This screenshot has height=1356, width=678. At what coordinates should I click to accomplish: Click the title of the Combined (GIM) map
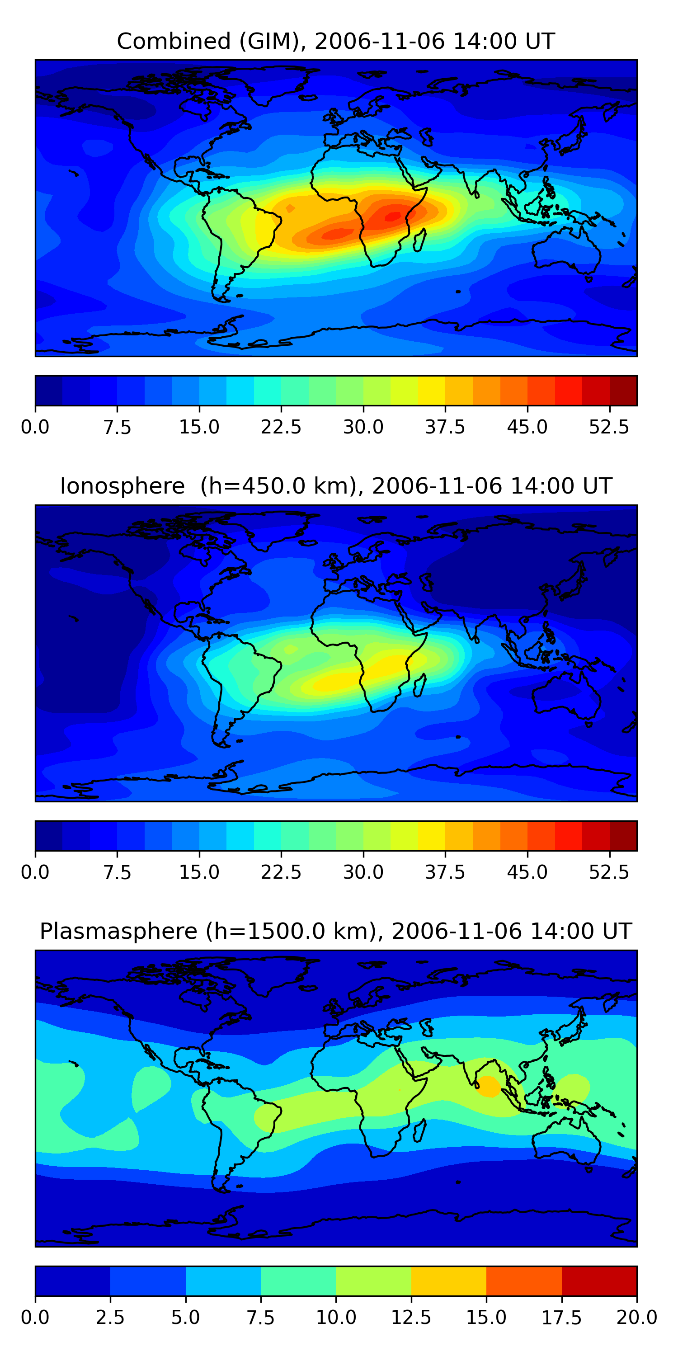click(336, 41)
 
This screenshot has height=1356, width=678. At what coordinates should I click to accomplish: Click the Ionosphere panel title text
click(336, 486)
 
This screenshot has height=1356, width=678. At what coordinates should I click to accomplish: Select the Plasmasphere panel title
click(336, 931)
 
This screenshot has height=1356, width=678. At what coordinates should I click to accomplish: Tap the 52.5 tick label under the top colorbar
click(609, 427)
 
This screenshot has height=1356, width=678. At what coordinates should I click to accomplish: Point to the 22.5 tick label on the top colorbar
click(281, 427)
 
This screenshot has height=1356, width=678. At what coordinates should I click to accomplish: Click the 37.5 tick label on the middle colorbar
click(445, 872)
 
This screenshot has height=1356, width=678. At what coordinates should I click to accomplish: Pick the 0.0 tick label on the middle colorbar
click(35, 872)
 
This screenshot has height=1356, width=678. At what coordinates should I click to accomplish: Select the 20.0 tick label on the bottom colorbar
click(637, 1318)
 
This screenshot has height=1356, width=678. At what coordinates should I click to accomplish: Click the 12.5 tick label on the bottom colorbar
click(411, 1318)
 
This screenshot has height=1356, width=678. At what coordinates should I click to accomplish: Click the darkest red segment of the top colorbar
click(623, 391)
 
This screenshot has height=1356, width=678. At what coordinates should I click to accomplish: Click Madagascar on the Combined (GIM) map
click(419, 240)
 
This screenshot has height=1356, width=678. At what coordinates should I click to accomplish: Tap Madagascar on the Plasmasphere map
click(419, 1130)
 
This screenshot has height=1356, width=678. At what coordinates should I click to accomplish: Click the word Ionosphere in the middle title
click(122, 486)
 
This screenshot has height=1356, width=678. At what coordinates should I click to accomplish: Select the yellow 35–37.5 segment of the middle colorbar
click(432, 836)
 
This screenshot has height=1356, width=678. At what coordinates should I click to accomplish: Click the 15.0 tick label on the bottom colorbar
click(486, 1318)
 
